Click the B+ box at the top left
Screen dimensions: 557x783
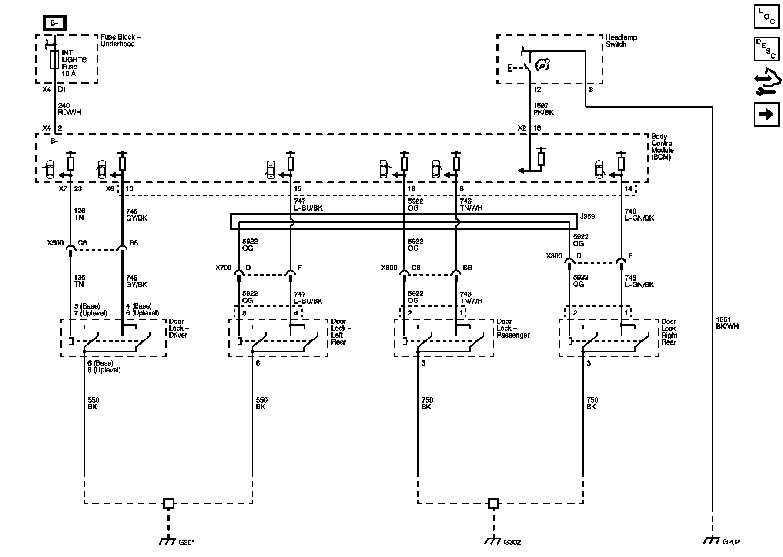(54, 23)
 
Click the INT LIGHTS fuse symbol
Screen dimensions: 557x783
(54, 59)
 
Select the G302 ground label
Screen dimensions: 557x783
(512, 542)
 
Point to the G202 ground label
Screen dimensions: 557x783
(731, 542)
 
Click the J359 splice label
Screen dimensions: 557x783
(587, 216)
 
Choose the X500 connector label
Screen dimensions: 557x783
(55, 243)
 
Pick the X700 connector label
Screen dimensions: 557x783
(223, 268)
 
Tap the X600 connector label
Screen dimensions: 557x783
(389, 268)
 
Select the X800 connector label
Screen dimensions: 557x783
(554, 256)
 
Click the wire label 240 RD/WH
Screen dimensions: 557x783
(70, 109)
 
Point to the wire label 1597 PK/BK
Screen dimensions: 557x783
(544, 109)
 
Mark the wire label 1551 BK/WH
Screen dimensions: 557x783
(727, 322)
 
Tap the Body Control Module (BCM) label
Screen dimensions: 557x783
(662, 147)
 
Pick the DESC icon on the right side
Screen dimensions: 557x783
(766, 49)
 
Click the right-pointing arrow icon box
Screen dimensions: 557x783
(766, 114)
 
